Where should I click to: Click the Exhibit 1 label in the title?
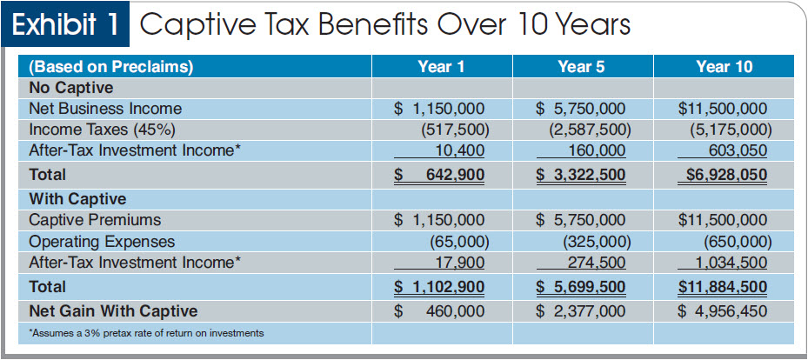[66, 25]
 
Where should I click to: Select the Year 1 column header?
[441, 67]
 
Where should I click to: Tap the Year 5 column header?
[582, 67]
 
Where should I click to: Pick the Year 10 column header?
[724, 67]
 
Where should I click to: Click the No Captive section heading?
[71, 88]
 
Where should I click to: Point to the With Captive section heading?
[77, 199]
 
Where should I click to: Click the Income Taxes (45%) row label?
[95, 130]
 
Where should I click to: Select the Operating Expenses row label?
[102, 241]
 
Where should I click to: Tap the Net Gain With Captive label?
[113, 310]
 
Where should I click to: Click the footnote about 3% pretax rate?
[146, 333]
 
